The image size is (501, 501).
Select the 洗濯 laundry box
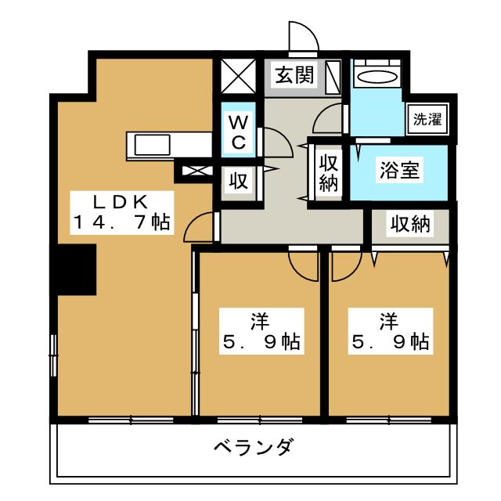(427, 120)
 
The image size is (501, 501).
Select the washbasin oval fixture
(377, 77)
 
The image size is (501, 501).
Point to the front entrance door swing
(303, 38)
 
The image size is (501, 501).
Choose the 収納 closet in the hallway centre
(328, 175)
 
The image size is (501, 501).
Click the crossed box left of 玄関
(239, 77)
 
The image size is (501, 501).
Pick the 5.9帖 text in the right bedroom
(389, 342)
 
